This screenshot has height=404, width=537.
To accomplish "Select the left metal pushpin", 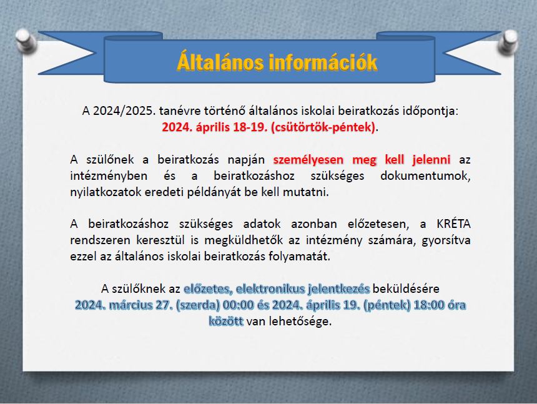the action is pos(26,41).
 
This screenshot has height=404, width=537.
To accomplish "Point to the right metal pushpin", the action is pos(508,42).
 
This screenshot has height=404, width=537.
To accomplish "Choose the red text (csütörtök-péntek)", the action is pos(323,127).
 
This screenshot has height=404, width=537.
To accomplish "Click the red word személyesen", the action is pos(308,160).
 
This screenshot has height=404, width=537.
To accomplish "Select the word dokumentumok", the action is pos(425,175).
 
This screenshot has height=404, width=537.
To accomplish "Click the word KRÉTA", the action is pos(453,224).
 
